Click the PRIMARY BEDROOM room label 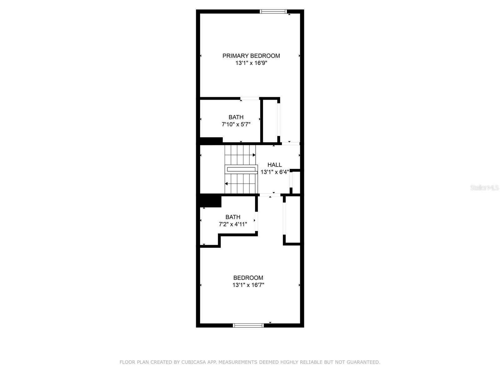pos(251,56)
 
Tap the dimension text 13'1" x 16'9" pos(251,63)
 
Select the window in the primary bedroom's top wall pos(273,12)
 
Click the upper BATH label pos(236,117)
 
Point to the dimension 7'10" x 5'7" pos(236,124)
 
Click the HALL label pos(274,165)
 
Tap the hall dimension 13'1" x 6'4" pos(274,172)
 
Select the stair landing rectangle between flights pos(241,170)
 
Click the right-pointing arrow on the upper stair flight pos(254,155)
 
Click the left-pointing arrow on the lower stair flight pos(226,184)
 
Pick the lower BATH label pos(233,217)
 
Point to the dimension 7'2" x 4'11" pos(233,224)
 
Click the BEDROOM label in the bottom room pos(248,278)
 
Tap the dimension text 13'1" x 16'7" pos(248,285)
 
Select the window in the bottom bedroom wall pos(248,326)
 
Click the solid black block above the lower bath pos(210,201)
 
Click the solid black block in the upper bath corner pos(211,140)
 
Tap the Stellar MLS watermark pos(484,188)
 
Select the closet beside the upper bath pos(270,120)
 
